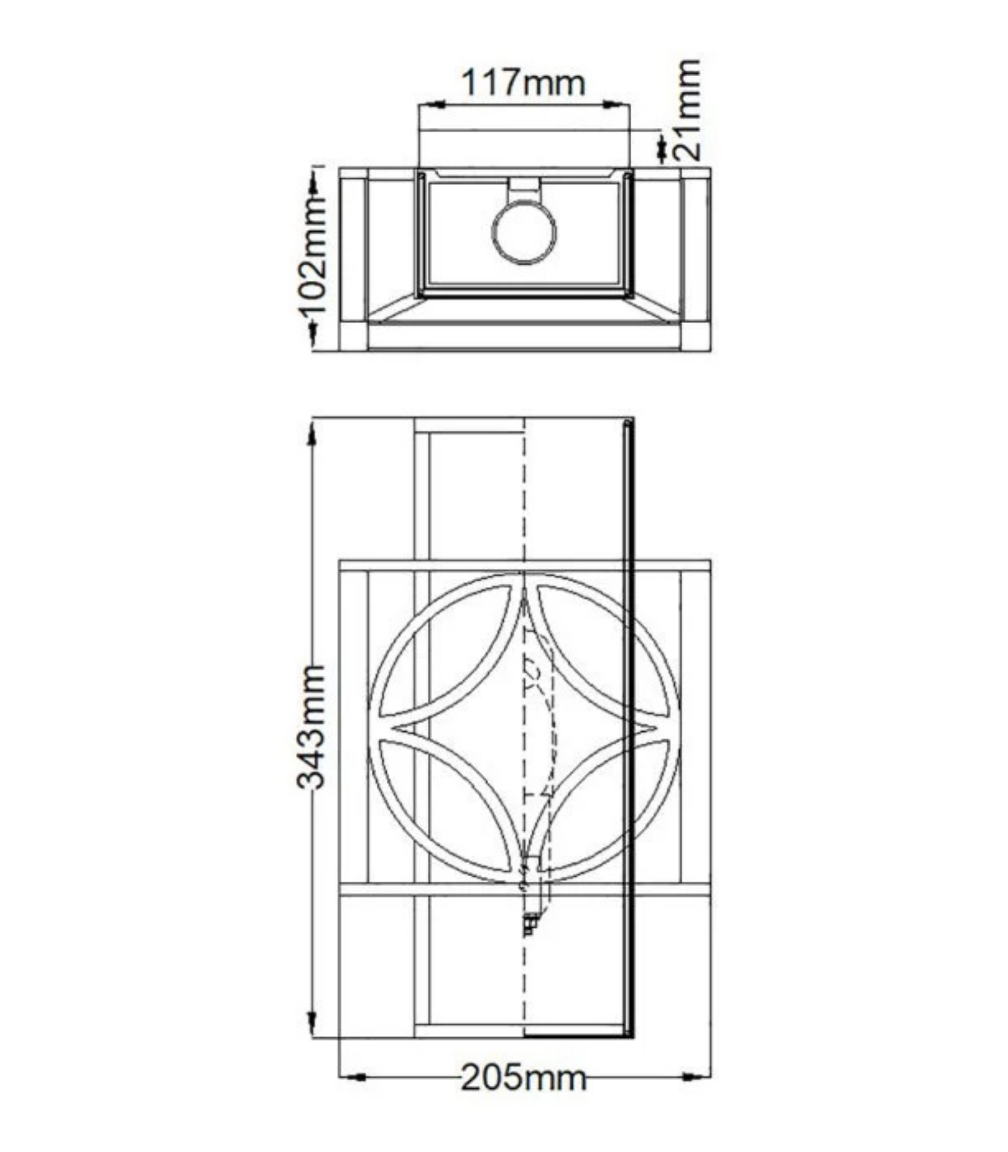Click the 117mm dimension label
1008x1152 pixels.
pos(524,83)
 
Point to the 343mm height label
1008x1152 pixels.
pos(311,726)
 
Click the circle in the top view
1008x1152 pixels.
pos(524,232)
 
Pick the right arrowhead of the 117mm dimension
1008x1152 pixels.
pos(616,104)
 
